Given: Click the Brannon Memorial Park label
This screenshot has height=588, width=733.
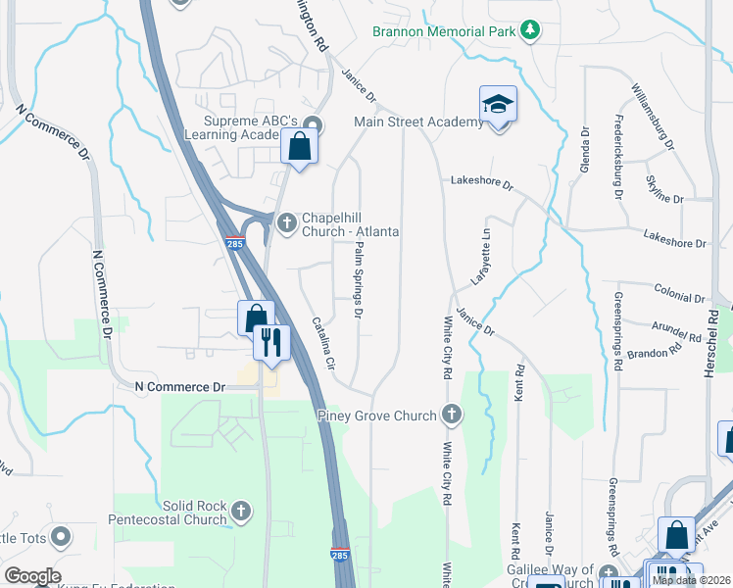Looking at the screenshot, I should (444, 30).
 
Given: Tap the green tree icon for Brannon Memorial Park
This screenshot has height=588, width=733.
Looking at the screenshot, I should (530, 30).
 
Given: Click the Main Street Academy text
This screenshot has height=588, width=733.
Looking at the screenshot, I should (418, 122).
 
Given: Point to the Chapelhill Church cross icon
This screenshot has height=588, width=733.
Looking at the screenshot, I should (287, 223).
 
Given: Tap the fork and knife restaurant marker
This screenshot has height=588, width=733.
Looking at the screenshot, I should (270, 342).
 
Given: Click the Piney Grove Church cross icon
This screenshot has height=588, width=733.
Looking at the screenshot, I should (451, 416).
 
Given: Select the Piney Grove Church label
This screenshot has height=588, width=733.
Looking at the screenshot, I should (377, 416).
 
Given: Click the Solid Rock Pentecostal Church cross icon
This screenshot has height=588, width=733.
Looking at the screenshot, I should (241, 511).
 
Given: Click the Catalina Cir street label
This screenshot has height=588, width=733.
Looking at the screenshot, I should (323, 342).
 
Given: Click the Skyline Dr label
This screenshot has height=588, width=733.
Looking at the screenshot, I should (665, 191).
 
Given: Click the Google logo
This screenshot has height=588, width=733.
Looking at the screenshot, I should (32, 575).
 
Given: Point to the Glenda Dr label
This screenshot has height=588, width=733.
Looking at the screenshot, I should (586, 146).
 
